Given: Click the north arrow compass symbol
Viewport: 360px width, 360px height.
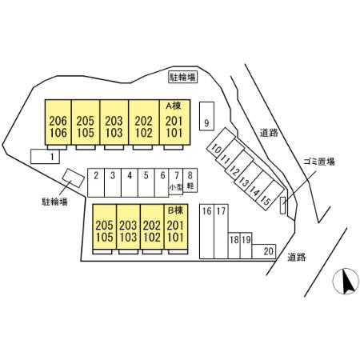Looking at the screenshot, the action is [346, 281].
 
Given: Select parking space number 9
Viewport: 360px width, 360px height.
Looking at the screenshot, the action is [206, 116].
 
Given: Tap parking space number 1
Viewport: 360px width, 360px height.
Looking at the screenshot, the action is [45, 156].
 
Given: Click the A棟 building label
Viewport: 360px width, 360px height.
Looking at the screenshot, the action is [174, 106].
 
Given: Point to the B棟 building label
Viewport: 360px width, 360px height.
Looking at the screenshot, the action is [175, 210].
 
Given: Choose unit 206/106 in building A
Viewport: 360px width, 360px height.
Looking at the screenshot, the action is [58, 122].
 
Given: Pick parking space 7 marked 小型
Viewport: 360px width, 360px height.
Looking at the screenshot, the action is [176, 182].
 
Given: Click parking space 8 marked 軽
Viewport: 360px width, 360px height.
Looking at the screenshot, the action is [190, 180].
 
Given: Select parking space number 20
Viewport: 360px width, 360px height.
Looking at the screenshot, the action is [264, 251].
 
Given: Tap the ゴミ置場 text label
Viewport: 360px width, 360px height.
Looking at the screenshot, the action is [318, 162].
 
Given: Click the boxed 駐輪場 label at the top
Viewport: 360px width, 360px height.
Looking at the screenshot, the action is [183, 77].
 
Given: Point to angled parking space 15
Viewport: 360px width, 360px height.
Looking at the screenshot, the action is [270, 195].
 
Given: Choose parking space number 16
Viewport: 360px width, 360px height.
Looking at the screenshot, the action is [207, 231].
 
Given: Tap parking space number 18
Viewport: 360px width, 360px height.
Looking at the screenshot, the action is [234, 246].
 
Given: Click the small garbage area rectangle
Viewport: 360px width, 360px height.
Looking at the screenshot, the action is [282, 206].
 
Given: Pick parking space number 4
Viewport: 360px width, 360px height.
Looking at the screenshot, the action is [130, 182].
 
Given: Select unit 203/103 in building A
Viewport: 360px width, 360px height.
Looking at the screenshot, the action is [114, 122].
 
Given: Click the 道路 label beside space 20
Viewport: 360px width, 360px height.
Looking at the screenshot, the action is [297, 257].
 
